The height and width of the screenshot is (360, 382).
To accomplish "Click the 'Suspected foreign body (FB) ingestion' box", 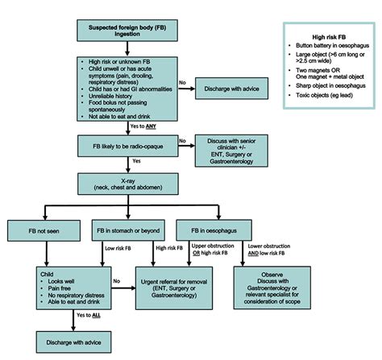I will tap(122, 32).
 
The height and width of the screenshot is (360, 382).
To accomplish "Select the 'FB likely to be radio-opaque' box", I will tap(122, 147).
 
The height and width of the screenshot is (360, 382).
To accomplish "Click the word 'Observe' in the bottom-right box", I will tap(272, 271).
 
